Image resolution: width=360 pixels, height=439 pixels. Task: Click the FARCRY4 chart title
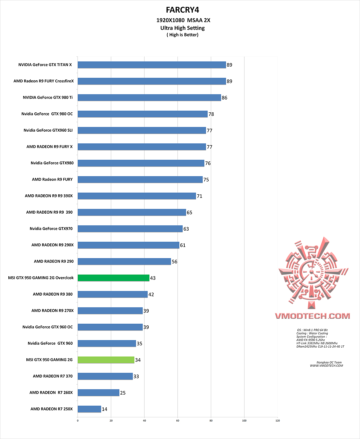point(182,10)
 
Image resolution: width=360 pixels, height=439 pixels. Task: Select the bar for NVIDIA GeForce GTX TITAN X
point(152,65)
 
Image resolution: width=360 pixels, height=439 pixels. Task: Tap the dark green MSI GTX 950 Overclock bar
point(113,278)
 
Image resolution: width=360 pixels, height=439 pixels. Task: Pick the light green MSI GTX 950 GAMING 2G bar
point(106,360)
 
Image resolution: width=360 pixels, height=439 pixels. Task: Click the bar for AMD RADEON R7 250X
point(89,409)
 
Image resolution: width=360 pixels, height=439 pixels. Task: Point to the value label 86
point(225,98)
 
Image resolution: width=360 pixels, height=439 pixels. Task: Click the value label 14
point(105,409)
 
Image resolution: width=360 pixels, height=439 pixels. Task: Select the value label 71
point(200,196)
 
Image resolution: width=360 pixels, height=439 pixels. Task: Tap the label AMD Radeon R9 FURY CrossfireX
point(44,81)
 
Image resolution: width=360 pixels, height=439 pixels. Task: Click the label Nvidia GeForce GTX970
point(51,229)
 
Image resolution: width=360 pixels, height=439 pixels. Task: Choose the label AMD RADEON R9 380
point(53,294)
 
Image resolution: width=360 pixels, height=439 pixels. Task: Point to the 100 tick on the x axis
point(244,421)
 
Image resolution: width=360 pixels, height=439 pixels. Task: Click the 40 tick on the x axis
point(144,421)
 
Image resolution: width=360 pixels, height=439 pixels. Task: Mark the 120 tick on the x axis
point(278,421)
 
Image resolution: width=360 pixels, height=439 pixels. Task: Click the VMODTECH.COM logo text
point(313,316)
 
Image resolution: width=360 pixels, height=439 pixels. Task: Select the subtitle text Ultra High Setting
point(182,28)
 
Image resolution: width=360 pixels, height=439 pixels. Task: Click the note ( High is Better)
point(182,35)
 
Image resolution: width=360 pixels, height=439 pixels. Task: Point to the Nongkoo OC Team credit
point(329,362)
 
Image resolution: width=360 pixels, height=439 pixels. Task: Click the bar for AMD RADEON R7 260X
point(98,393)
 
